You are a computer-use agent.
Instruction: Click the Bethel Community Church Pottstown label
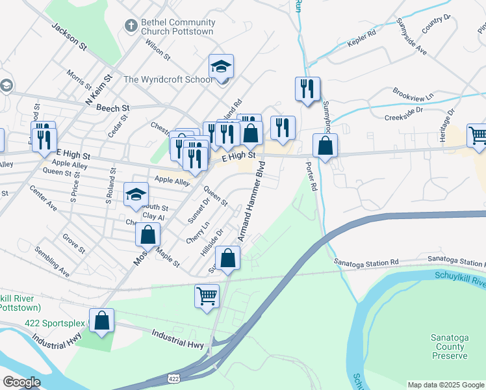click(x=170, y=27)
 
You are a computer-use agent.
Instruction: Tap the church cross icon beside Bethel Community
click(x=129, y=25)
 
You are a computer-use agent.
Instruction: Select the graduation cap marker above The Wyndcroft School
click(x=221, y=66)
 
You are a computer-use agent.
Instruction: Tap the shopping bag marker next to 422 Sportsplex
click(x=101, y=320)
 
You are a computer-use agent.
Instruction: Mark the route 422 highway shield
click(x=173, y=378)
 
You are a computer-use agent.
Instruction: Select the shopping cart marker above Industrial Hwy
click(x=207, y=296)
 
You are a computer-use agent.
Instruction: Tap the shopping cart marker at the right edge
click(x=478, y=135)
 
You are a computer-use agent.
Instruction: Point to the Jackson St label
click(x=70, y=36)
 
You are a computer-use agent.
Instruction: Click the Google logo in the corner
click(x=21, y=382)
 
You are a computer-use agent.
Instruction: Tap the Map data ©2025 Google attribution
click(x=445, y=385)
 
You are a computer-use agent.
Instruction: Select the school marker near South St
click(x=136, y=194)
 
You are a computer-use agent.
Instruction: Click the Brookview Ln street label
click(x=413, y=95)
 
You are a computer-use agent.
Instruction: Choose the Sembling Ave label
click(x=52, y=262)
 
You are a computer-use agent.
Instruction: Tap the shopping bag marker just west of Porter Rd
click(x=325, y=146)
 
